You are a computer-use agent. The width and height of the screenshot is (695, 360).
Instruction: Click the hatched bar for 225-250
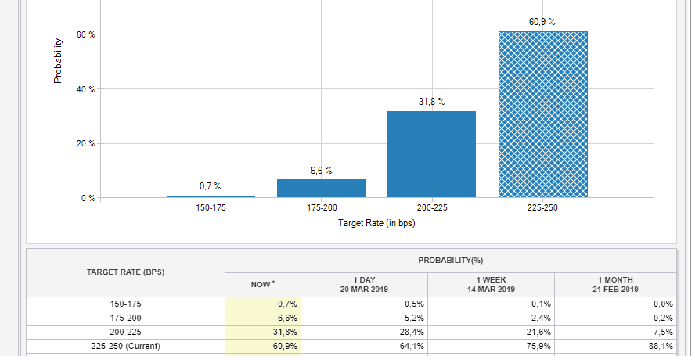point(542,114)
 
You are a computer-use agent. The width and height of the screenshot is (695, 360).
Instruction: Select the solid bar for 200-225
point(431,154)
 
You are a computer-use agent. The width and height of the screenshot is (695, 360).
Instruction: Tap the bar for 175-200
point(321,188)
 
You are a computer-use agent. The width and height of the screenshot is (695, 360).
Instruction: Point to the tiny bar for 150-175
point(211,196)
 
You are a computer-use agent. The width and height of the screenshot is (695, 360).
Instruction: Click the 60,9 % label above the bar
point(542,21)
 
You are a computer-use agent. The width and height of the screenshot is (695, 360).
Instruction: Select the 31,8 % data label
point(431,101)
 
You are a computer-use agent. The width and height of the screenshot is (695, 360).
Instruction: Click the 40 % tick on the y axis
point(86,89)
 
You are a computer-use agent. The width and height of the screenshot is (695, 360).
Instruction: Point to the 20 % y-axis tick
point(86,144)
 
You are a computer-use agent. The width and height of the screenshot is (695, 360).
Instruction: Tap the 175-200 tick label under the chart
point(321,209)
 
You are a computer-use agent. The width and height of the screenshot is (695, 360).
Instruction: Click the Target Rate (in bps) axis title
point(376,223)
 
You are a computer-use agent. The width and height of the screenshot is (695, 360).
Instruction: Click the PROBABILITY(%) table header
point(450,260)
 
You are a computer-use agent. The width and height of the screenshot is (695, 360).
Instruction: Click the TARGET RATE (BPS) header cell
point(125,272)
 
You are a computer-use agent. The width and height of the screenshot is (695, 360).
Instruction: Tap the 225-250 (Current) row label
point(125,346)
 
